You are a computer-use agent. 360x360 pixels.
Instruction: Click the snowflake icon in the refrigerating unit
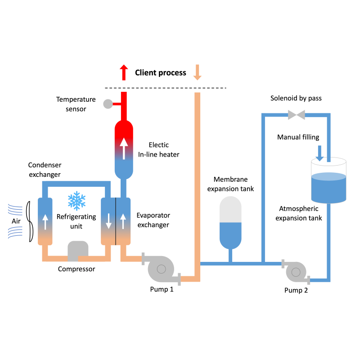pos(76,201)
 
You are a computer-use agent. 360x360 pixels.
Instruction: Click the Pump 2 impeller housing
pos(296,272)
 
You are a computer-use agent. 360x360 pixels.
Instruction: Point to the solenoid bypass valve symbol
pos(296,115)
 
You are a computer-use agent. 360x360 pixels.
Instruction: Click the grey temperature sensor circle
pos(108,104)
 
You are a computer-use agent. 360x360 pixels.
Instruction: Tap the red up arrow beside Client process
pos(124,72)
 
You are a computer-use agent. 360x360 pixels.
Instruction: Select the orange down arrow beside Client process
pos(197,72)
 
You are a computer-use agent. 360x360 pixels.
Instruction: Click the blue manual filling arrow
pos(319,153)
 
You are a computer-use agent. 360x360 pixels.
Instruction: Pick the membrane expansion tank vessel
pos(230,223)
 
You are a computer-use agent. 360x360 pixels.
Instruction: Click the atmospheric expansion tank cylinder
pos(329,180)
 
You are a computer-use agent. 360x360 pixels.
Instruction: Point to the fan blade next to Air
pos(29,221)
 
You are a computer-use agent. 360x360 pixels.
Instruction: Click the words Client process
pos(160,72)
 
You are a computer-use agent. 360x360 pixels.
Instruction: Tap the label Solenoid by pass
pos(296,98)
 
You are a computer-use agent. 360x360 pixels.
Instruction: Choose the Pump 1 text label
pos(162,289)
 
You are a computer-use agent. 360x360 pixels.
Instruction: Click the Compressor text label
pos(76,269)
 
